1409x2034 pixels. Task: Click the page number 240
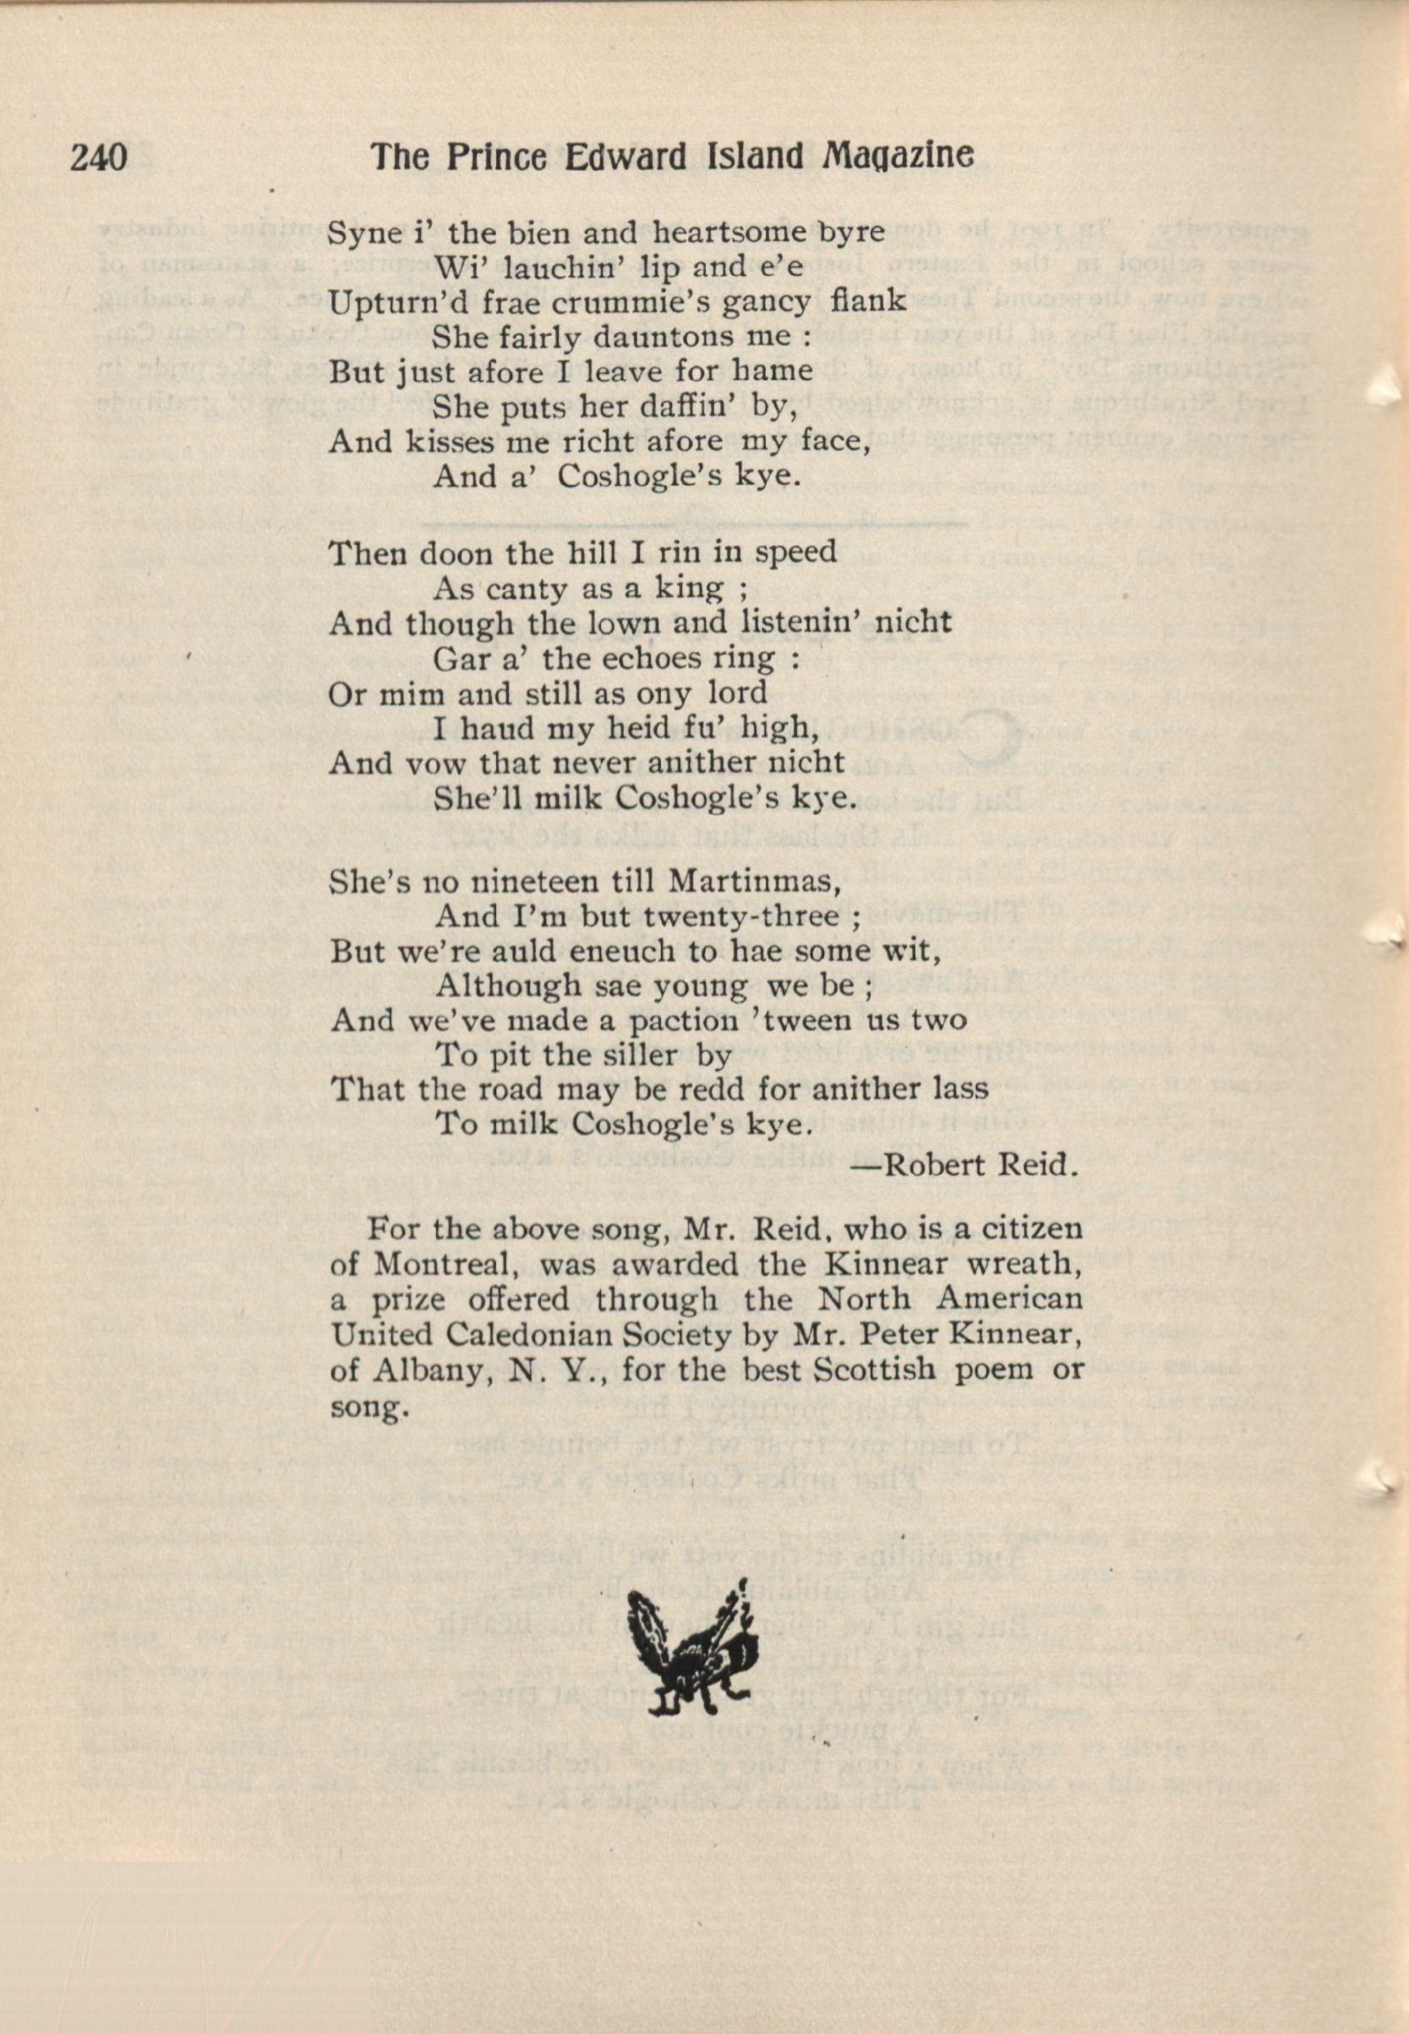99,158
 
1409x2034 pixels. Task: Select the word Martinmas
750,881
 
